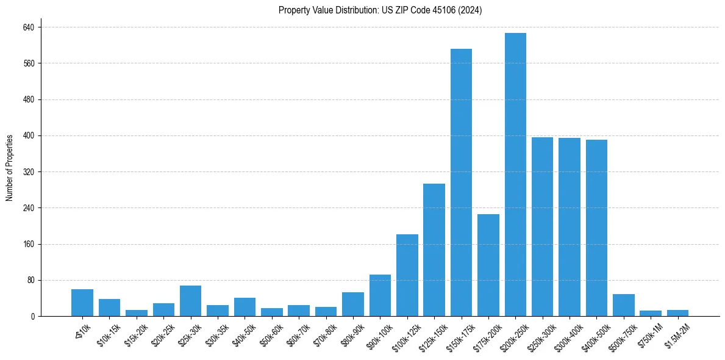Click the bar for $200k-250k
[x=515, y=175]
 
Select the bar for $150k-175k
[x=461, y=182]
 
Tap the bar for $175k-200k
[x=488, y=265]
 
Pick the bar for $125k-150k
[x=434, y=250]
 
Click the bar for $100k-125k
[x=407, y=275]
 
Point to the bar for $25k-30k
[x=190, y=301]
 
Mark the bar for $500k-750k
[x=624, y=305]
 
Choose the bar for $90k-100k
[x=380, y=295]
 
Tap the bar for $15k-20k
[x=137, y=313]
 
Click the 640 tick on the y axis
[x=29, y=27]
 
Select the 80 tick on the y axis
[x=31, y=280]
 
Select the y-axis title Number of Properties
[x=10, y=168]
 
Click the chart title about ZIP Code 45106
[x=380, y=10]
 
